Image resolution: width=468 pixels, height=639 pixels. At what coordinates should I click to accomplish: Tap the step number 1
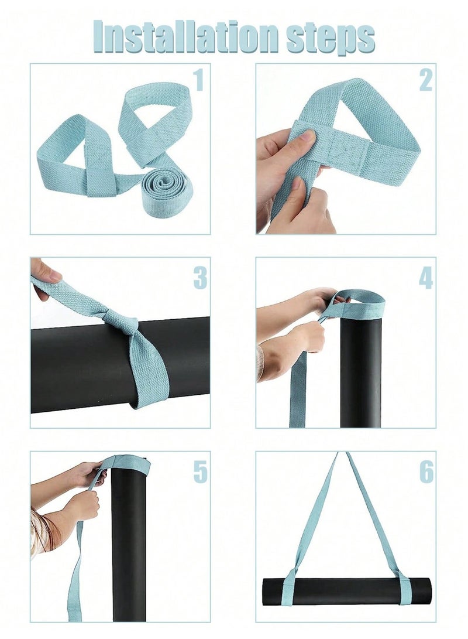pos(198,80)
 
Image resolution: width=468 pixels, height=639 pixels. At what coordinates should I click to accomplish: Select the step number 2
pos(426,80)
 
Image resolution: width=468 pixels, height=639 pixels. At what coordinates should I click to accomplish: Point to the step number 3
pos(200,278)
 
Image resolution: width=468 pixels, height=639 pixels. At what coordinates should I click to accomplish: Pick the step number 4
pos(426,278)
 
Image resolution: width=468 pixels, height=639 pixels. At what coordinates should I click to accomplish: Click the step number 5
pos(200,472)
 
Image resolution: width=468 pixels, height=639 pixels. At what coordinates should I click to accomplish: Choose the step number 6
pos(426,472)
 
